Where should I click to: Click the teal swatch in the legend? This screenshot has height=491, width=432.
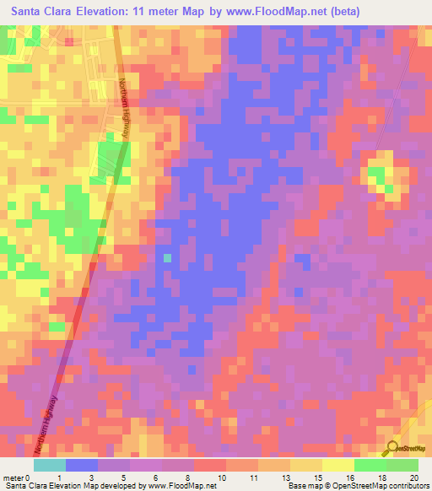(x=50, y=465)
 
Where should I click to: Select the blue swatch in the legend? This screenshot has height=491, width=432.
(x=82, y=465)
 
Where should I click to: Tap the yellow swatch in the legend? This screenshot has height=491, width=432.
(x=337, y=465)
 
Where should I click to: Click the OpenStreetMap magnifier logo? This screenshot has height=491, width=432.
(x=393, y=448)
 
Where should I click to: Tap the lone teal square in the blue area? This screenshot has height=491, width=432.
(x=167, y=257)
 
